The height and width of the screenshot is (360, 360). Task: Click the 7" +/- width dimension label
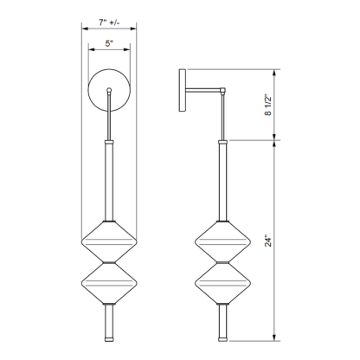coord(108,17)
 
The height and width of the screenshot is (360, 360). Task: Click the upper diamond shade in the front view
coord(108,242)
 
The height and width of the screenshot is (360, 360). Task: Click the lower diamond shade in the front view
coord(108,284)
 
